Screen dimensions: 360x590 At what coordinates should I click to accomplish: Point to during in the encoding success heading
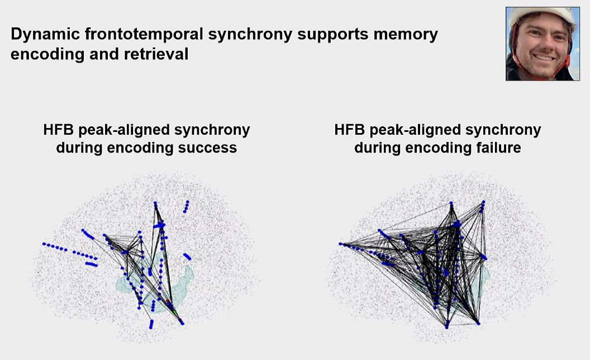[78, 148]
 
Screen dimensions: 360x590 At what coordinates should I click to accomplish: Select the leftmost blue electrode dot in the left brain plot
[43, 244]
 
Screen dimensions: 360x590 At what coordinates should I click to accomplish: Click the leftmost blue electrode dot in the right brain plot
[340, 244]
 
